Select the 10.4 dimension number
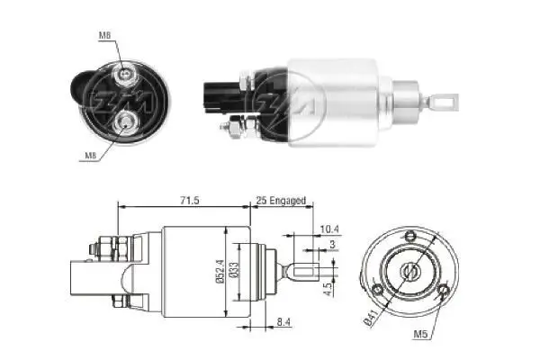pos(329,229)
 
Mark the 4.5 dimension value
pos(329,289)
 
